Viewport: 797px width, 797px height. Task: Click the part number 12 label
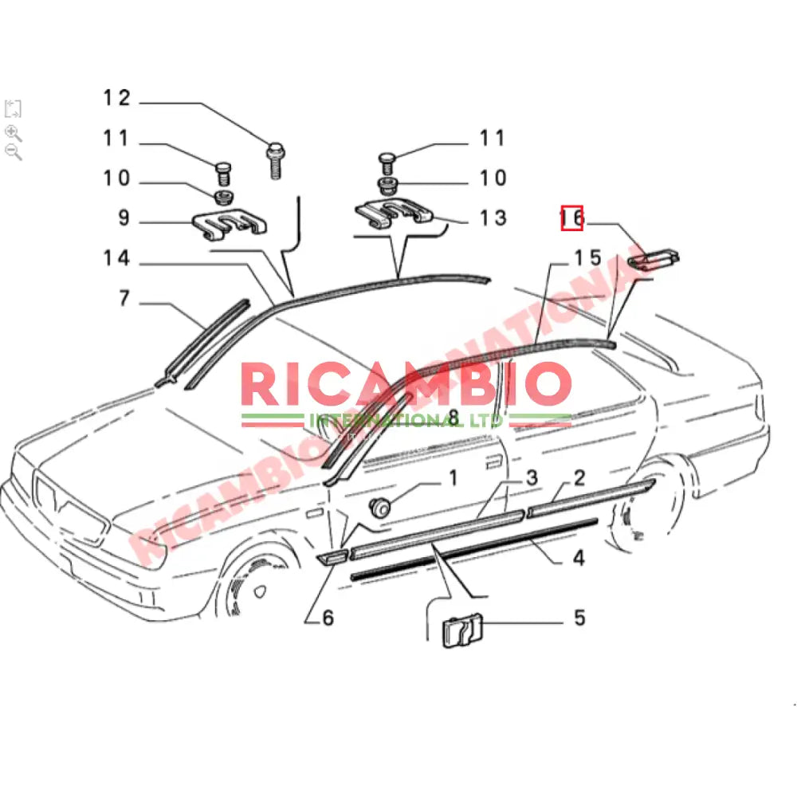(x=116, y=98)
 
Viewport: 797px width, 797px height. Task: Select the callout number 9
(x=124, y=218)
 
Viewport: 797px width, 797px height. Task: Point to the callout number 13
(x=493, y=218)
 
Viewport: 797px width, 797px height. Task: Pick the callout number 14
(x=116, y=258)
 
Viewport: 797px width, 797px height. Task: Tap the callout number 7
(x=124, y=299)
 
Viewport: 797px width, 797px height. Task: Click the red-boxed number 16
(x=572, y=217)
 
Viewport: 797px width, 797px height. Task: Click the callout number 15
(x=588, y=258)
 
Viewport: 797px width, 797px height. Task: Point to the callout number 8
(x=453, y=417)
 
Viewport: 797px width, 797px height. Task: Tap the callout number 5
(x=579, y=617)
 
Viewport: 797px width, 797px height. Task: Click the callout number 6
(x=328, y=617)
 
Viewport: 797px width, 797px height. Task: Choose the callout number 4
(x=579, y=558)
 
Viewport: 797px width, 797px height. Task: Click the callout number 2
(x=579, y=478)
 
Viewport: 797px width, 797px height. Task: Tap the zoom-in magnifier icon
(x=13, y=132)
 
